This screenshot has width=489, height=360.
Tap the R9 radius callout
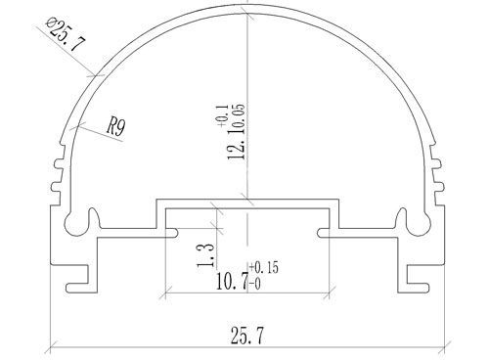(116, 127)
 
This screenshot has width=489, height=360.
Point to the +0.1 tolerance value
(221, 116)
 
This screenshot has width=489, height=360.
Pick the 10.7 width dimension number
(232, 282)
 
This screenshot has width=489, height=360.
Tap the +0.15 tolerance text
(264, 267)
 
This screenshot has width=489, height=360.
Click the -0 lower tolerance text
(255, 285)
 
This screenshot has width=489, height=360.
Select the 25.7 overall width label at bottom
(246, 336)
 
